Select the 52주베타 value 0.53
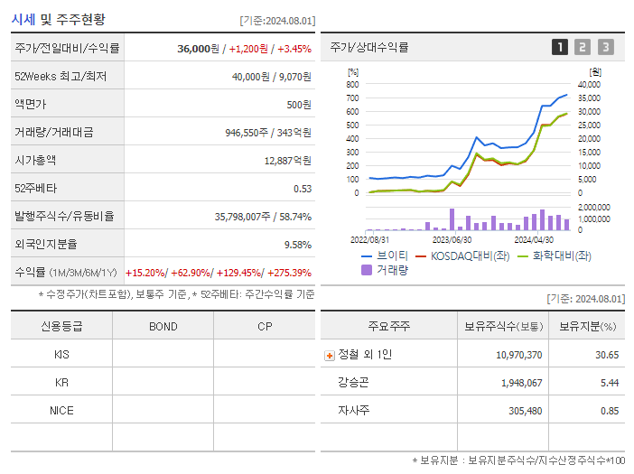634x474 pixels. point(302,188)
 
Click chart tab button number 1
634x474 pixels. point(560,47)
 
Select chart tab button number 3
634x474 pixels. point(605,47)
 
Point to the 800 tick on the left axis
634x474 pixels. point(352,84)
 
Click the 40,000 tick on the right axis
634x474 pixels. point(588,84)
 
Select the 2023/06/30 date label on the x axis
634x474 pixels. point(452,239)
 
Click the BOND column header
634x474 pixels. point(163,327)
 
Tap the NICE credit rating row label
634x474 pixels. point(61,410)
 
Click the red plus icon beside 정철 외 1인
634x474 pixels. point(329,356)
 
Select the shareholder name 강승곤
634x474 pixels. point(352,383)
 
